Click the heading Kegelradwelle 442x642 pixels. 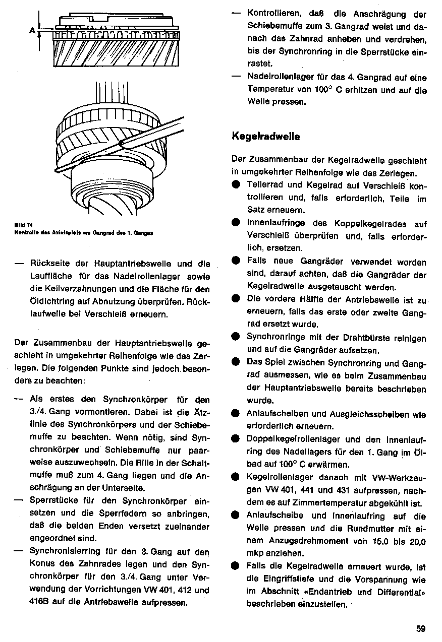266,136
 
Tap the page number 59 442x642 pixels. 421,628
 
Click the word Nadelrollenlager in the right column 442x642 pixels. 277,78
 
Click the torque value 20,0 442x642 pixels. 417,541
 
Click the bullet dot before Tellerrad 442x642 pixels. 236,185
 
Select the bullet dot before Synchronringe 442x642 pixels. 236,338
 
